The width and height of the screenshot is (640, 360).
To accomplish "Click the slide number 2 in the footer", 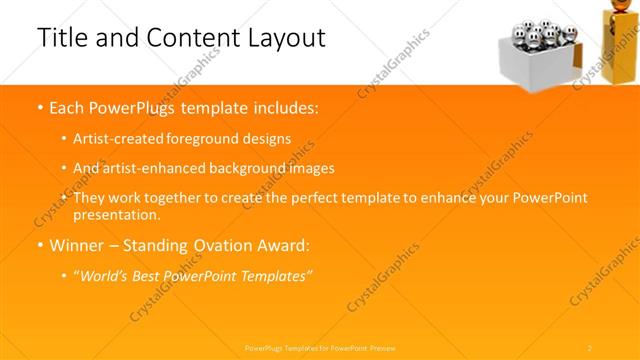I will [590, 347].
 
